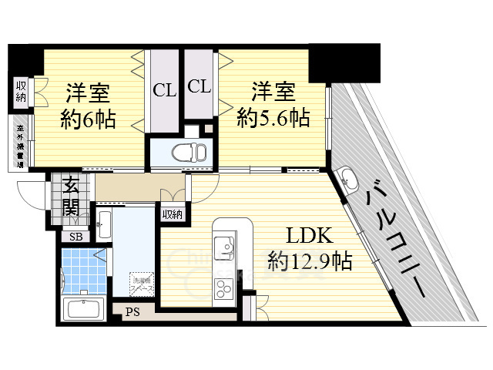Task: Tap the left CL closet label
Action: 163,89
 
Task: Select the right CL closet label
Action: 200,86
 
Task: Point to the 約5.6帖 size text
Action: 273,118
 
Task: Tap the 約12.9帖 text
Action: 310,261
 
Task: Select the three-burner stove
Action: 224,290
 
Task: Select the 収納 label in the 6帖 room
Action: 20,92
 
